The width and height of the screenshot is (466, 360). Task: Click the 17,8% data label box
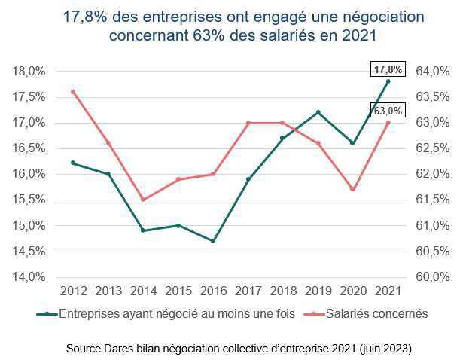pos(388,69)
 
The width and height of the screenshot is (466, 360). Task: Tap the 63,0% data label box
pos(388,111)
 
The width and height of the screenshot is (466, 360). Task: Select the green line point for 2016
pos(213,241)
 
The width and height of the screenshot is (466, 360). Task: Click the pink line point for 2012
pos(72,92)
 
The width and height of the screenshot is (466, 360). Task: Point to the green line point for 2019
pos(318,112)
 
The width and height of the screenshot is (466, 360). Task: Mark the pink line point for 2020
pos(353,189)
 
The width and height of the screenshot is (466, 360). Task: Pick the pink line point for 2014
pos(143,200)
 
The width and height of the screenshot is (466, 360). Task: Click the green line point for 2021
pos(388,81)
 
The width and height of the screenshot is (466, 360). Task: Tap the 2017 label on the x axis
pos(248,290)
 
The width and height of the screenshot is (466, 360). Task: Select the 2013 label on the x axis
pos(108,290)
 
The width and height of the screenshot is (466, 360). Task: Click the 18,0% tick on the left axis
pos(28,72)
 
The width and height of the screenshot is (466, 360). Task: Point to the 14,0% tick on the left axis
pos(28,277)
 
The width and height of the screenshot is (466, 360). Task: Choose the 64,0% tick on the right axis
pos(432,72)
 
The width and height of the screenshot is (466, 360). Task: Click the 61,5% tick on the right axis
pos(432,200)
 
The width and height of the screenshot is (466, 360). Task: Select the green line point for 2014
pos(143,230)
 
